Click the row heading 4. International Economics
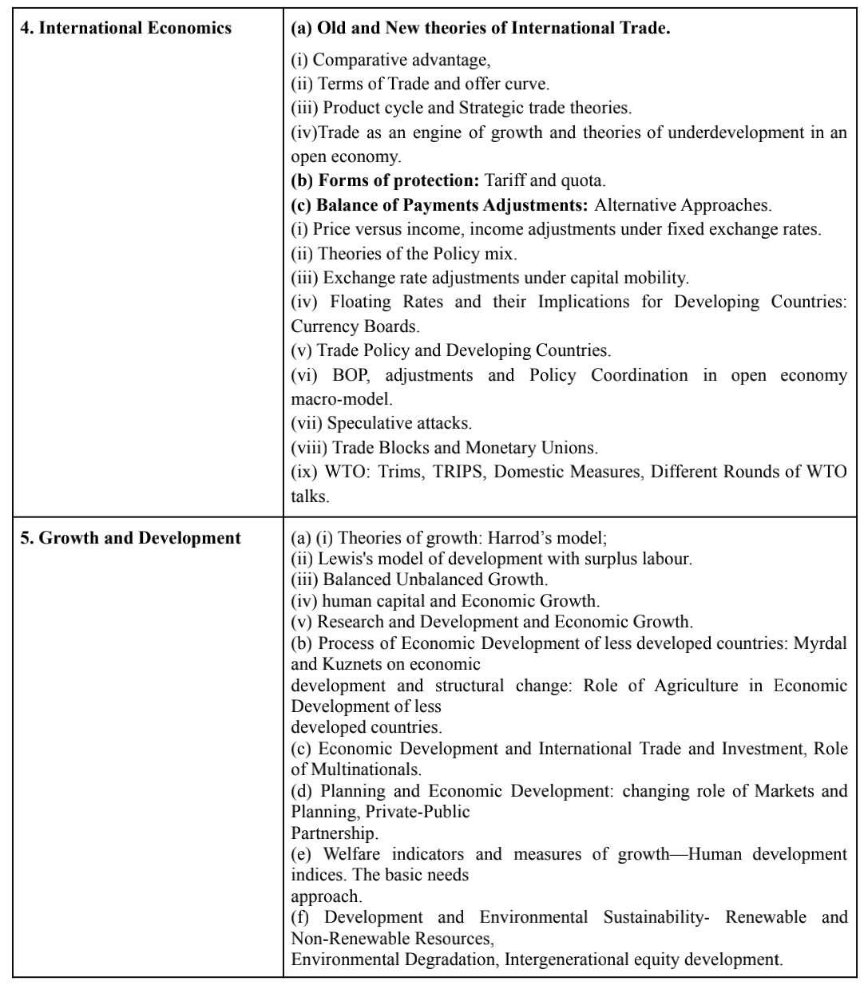(126, 29)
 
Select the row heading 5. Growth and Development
(130, 537)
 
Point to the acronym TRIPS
(458, 471)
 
